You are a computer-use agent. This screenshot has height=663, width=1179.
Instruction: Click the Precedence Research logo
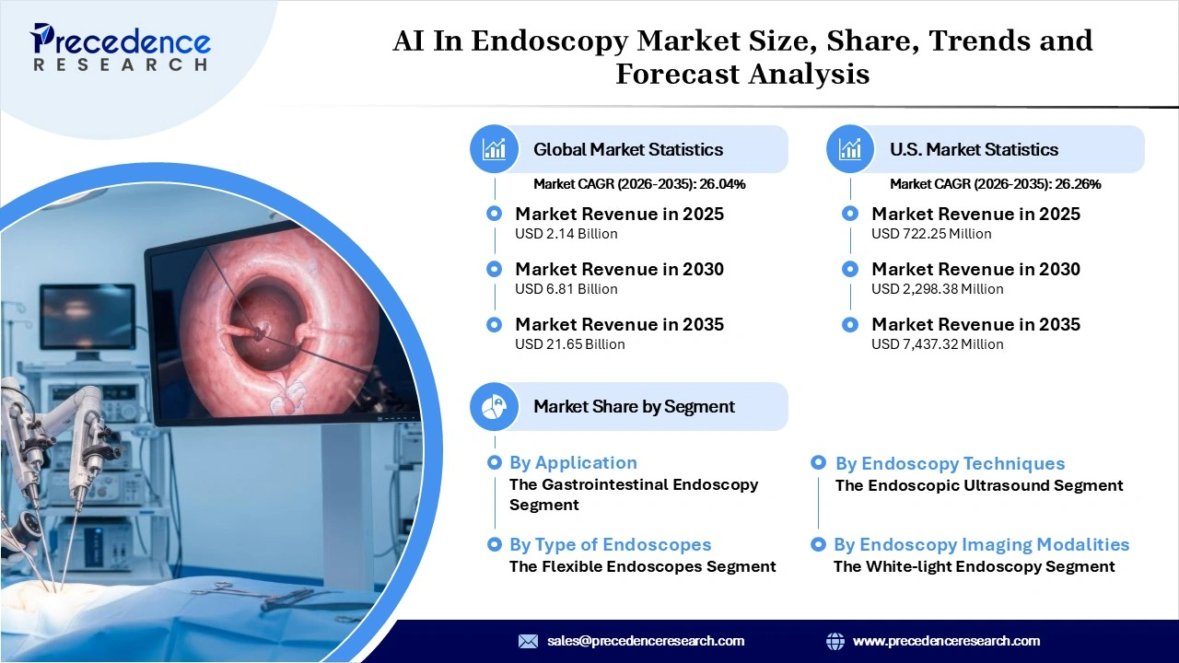121,47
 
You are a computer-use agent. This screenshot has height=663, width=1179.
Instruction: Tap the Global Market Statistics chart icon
495,149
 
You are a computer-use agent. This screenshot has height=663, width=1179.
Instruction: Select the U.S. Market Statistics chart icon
851,149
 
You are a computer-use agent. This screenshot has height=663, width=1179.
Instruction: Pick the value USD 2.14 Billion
566,234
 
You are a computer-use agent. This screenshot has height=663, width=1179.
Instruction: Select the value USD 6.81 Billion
566,289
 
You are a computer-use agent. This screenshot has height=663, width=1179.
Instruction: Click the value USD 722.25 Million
931,234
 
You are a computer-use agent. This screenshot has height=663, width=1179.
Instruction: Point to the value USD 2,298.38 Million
938,289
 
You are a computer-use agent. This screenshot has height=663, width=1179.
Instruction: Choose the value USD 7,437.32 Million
938,344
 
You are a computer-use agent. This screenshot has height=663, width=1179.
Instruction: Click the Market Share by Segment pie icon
495,406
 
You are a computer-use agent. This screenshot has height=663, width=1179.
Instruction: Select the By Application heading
573,463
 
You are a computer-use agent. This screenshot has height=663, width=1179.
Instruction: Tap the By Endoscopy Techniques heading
950,464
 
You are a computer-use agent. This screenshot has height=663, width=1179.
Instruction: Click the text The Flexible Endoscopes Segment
643,566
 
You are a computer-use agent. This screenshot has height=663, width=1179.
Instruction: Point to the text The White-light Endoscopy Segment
975,566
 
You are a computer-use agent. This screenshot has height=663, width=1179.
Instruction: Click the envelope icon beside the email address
528,641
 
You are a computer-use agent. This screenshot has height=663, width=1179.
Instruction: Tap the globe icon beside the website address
835,641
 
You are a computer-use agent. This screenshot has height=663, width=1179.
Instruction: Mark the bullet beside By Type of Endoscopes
495,545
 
